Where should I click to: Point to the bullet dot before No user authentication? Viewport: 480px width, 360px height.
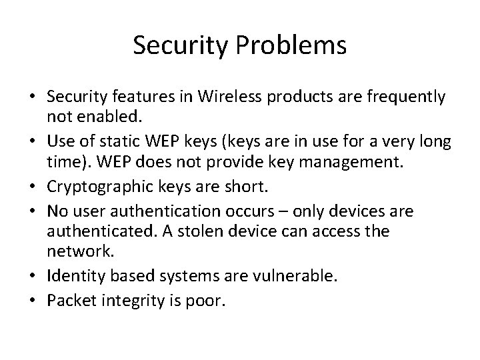pos(32,212)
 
